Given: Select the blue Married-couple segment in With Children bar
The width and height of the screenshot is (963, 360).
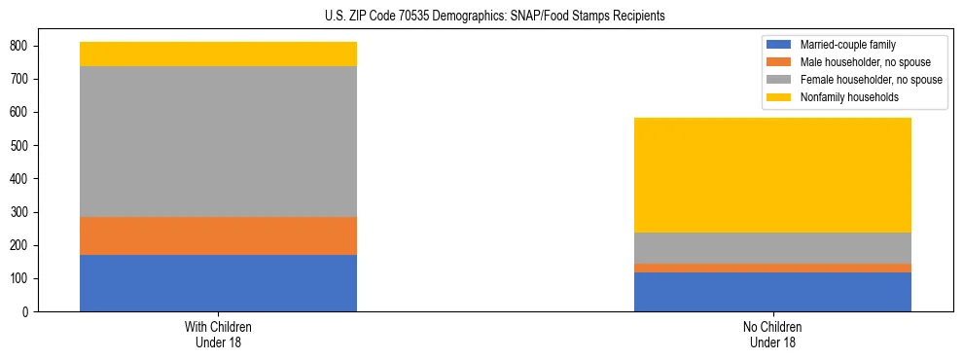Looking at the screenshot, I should tap(218, 283).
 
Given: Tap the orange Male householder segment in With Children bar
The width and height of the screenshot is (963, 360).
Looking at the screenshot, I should tap(218, 235).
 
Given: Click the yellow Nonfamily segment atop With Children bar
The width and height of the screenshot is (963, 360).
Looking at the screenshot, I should tap(218, 54).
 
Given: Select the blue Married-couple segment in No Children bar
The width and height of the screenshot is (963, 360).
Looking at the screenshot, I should tap(772, 292).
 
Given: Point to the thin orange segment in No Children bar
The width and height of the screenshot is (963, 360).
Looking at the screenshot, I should tap(772, 268).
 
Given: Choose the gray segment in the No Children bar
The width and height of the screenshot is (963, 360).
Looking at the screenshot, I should tap(772, 248).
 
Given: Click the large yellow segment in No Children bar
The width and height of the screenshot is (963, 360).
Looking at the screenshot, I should tap(772, 175).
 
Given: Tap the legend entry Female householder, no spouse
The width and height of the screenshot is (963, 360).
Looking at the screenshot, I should tap(867, 80).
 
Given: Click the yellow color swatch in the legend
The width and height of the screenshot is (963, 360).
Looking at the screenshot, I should tap(780, 97).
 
